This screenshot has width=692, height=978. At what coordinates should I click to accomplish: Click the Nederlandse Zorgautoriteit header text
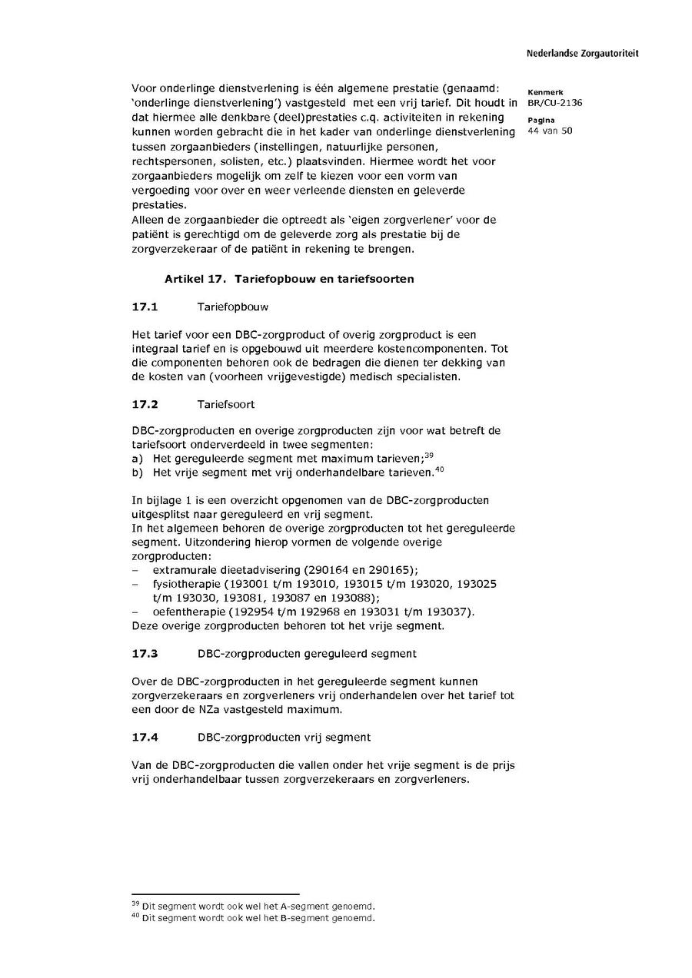coord(582,54)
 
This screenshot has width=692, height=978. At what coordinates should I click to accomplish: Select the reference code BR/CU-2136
coord(554,103)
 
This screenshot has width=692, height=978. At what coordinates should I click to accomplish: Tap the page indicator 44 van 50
coord(551,131)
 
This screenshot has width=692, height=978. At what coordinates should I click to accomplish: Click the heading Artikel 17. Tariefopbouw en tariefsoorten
coord(289,279)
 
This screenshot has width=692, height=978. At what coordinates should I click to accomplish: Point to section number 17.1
coord(145,307)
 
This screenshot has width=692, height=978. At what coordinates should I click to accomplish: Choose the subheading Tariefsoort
coord(226,404)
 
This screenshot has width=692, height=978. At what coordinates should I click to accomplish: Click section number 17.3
coord(145,653)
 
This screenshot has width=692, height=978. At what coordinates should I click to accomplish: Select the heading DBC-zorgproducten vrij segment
coord(284,737)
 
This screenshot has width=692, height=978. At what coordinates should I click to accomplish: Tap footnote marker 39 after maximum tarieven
coord(429,455)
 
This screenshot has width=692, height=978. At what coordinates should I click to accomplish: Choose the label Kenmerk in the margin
coord(545,92)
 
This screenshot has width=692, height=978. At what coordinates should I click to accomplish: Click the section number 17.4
coord(145,737)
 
